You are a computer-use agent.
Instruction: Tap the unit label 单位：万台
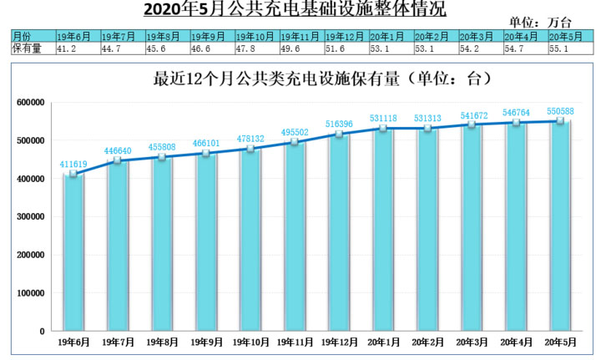[x=540, y=23]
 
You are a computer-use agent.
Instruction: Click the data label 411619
[x=73, y=165]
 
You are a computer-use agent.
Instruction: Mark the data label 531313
[x=428, y=119]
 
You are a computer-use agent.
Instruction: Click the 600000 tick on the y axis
[x=30, y=102]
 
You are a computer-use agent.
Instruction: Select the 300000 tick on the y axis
[x=30, y=216]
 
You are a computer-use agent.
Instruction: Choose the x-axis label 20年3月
[x=472, y=342]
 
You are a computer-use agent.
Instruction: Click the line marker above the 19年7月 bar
[x=118, y=160]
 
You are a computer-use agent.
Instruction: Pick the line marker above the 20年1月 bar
[x=384, y=129]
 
